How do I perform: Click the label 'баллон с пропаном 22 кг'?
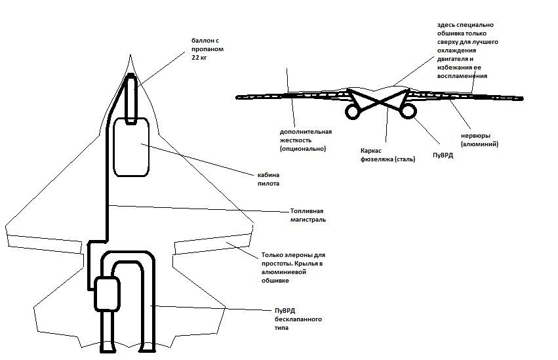point(207,49)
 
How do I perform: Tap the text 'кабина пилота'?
point(268,179)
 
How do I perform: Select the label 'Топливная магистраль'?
point(308,215)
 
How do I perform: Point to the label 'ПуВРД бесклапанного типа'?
point(298,319)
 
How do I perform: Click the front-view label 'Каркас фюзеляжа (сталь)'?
point(388,155)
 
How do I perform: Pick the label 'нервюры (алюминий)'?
point(479,140)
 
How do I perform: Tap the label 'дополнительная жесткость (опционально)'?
point(306,140)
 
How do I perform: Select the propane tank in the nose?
point(131,99)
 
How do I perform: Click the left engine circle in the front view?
point(346,111)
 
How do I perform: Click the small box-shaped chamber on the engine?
point(107,294)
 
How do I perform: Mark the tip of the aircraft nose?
point(130,55)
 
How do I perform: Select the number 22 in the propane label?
point(195,57)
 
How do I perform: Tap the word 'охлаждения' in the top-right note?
point(456,50)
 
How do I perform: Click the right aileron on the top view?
point(211,244)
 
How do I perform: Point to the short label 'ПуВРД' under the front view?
point(443,155)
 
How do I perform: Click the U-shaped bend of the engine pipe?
point(128,253)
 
